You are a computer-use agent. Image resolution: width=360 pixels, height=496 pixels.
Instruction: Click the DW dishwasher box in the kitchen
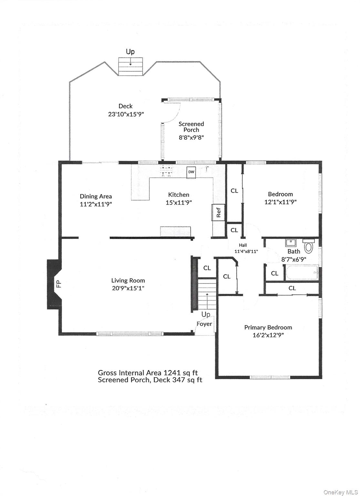tap(191, 172)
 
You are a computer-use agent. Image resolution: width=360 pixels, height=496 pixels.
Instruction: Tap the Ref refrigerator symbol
tap(219, 212)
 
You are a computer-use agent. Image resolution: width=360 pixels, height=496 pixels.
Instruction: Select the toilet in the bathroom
tap(309, 246)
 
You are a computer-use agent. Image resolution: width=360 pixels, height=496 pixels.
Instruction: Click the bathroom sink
tap(291, 243)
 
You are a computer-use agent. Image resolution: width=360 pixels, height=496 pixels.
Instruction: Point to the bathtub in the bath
tap(302, 272)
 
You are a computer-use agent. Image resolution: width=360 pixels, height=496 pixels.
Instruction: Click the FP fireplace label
tap(59, 284)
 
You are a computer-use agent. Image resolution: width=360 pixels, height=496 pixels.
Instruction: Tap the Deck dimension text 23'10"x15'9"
tap(126, 114)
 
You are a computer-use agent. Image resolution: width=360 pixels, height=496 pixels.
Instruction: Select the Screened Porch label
tap(191, 127)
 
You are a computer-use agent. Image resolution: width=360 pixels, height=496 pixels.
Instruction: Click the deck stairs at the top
tap(130, 67)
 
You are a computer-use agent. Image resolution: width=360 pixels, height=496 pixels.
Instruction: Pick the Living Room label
tap(128, 281)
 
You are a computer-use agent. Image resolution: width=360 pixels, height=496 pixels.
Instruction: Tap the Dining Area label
tap(96, 196)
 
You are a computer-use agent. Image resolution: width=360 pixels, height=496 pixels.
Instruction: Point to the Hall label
tap(243, 245)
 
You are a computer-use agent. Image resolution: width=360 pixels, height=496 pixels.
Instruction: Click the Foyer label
tap(204, 324)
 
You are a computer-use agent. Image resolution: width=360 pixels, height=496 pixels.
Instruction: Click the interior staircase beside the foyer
tap(207, 294)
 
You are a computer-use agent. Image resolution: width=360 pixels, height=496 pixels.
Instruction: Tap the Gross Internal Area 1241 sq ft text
tap(148, 373)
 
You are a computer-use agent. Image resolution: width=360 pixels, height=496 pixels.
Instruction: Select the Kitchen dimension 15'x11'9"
tap(179, 202)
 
